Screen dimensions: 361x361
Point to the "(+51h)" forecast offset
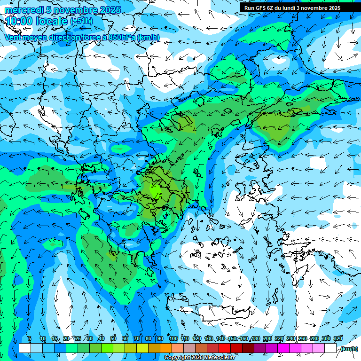[81, 21]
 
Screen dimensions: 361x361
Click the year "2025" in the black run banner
[333, 8]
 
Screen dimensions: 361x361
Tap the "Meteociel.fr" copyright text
[219, 358]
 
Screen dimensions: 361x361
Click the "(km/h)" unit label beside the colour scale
[348, 349]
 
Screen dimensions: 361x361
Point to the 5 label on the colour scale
[29, 339]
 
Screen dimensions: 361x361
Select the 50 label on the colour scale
[113, 339]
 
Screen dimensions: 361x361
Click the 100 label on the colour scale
[173, 339]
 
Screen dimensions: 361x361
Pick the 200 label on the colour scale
[267, 339]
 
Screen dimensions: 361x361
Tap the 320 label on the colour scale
[337, 339]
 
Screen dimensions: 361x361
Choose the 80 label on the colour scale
[149, 339]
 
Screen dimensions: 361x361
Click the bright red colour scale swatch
[225, 348]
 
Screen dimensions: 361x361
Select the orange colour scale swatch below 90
[166, 348]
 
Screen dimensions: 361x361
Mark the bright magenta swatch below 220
[283, 348]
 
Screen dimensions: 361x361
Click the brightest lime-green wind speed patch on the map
[154, 190]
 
